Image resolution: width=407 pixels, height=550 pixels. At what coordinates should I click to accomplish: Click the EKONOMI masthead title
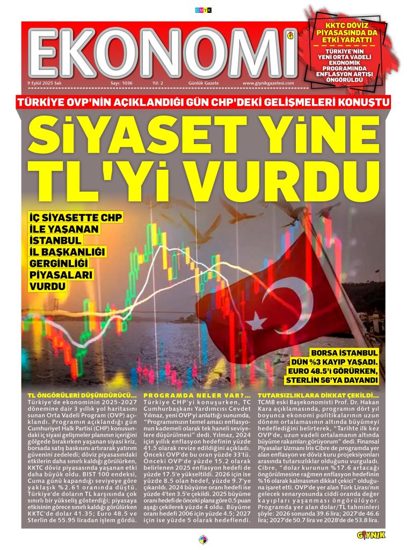point(161,53)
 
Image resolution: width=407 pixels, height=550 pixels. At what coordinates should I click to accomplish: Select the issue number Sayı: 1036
point(121,83)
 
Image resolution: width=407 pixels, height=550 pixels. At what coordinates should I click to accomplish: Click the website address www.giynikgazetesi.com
point(268,83)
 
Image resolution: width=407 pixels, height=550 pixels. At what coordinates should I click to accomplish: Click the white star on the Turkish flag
point(257,321)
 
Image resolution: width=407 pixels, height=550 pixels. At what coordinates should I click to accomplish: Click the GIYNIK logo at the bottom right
point(371,535)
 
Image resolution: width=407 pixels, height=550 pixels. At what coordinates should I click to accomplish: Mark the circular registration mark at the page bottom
point(203,539)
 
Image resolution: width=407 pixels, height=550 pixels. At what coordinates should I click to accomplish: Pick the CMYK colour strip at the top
point(203,10)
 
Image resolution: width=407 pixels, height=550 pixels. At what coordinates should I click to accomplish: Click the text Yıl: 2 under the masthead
point(158,83)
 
